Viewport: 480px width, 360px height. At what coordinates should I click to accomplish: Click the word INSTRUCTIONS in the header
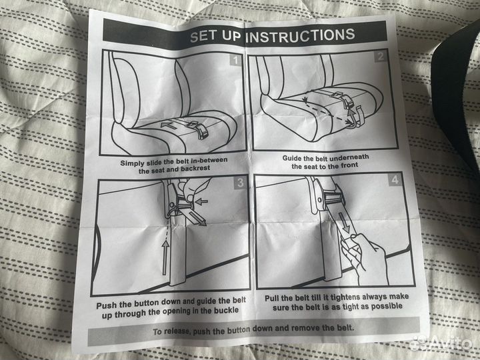(300, 36)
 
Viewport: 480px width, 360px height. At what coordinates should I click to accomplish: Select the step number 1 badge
(235, 60)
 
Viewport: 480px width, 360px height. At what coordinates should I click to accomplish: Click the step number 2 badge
(381, 57)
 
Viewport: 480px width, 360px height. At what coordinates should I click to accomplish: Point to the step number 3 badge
(240, 183)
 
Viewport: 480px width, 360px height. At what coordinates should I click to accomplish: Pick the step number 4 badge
(395, 180)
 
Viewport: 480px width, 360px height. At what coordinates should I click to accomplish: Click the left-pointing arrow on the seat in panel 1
(169, 125)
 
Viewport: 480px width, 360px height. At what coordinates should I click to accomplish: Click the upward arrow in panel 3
(165, 257)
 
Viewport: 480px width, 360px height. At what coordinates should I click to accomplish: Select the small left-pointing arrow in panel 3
(201, 201)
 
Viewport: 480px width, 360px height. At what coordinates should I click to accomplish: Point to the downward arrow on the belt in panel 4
(343, 223)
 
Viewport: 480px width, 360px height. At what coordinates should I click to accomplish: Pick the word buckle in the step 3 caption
(226, 311)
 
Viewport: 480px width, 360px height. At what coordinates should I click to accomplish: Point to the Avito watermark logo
(442, 343)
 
